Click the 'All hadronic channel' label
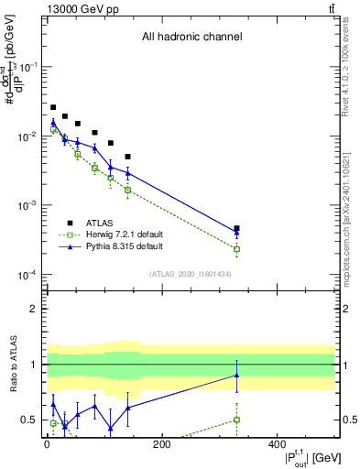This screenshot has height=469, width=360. coord(191,38)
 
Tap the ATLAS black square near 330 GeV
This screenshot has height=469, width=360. coord(236,228)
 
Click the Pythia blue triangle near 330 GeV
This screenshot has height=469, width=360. coord(236,233)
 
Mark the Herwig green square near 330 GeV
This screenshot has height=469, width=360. coord(236,249)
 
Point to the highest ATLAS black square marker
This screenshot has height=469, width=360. coord(53,107)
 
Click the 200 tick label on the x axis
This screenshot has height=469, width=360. coord(161,445)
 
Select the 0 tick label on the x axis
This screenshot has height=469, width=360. coord(47,445)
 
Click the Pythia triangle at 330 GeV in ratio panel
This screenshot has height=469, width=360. coord(236,375)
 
